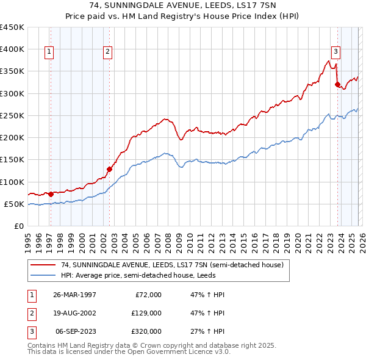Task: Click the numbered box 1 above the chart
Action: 48,52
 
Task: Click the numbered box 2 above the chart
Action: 107,52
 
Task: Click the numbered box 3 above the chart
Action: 335,52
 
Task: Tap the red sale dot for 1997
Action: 51,194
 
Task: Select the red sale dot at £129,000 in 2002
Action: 109,169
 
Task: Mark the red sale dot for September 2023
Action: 337,85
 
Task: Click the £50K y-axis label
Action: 15,204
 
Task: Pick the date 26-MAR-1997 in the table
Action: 74,294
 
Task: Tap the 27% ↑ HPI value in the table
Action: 208,331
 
